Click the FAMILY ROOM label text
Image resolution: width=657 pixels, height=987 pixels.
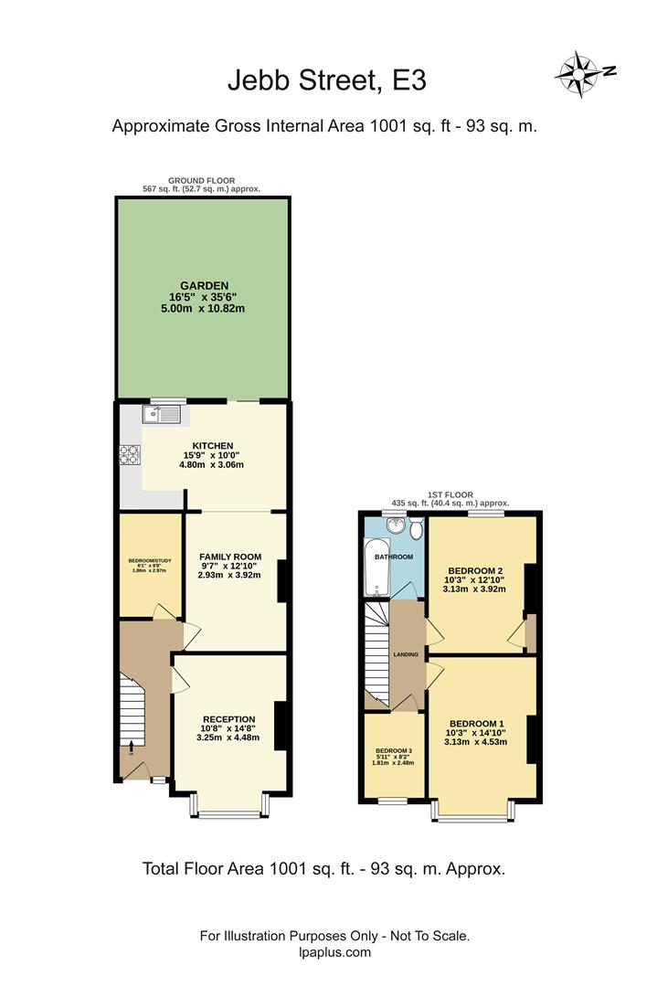tap(229, 557)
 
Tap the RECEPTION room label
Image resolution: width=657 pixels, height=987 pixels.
tap(228, 719)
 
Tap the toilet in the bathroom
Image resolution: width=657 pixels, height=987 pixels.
tap(416, 529)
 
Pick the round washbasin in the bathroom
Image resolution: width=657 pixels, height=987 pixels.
tap(396, 526)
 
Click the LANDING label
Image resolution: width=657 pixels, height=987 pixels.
tap(406, 654)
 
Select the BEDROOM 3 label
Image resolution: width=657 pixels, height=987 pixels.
tap(394, 751)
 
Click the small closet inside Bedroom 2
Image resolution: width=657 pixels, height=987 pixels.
tap(529, 631)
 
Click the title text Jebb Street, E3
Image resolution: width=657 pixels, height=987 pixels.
tap(326, 81)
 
